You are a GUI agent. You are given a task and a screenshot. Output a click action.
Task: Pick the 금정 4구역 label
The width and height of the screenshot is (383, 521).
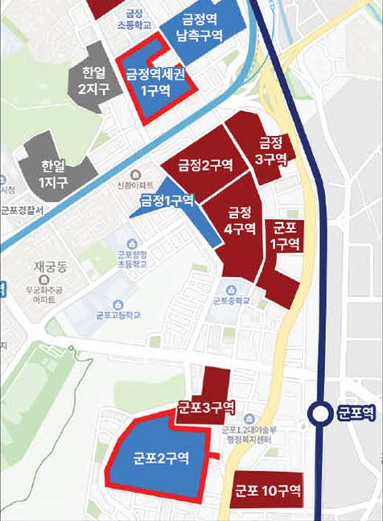pos(240,221)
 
